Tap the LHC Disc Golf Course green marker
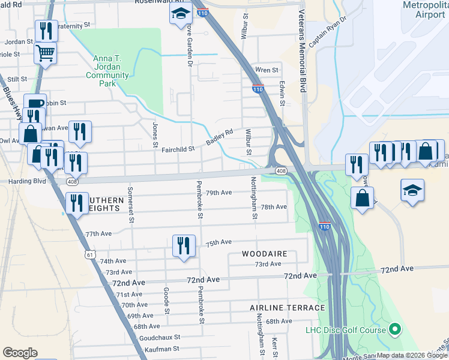click(x=395, y=329)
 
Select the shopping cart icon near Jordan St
click(x=46, y=55)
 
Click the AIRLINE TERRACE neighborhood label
click(x=288, y=307)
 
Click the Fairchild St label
click(x=178, y=149)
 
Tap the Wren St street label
click(x=267, y=70)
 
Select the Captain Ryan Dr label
click(x=328, y=32)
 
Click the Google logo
click(x=20, y=353)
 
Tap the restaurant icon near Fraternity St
click(x=46, y=30)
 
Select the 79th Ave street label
click(x=218, y=193)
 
